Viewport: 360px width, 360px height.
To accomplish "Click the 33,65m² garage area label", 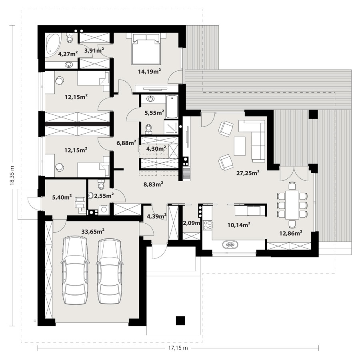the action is [x=93, y=232].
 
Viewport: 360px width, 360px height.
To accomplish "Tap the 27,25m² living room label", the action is [x=248, y=173].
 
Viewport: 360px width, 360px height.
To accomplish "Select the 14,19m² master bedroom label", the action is [x=149, y=72].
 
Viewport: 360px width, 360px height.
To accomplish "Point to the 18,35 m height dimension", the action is [x=12, y=175].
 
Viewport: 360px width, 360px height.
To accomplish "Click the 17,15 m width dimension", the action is [x=178, y=348].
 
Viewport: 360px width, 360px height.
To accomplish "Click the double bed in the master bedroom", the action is [x=146, y=49].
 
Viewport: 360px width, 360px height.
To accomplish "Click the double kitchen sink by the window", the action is [x=229, y=245].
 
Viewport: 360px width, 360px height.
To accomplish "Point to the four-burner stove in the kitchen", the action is [x=208, y=225].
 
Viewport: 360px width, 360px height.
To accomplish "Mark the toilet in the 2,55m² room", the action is [x=101, y=184].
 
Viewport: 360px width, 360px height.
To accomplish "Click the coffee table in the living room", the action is [x=240, y=146].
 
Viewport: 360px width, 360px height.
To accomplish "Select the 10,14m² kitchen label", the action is [x=239, y=225].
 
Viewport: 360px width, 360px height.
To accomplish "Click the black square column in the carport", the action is [x=180, y=320].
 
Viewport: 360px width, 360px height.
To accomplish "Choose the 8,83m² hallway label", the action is [x=153, y=184].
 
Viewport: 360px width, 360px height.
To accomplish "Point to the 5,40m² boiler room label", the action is [x=62, y=197].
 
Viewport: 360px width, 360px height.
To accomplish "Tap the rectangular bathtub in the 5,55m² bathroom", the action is [x=172, y=107].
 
